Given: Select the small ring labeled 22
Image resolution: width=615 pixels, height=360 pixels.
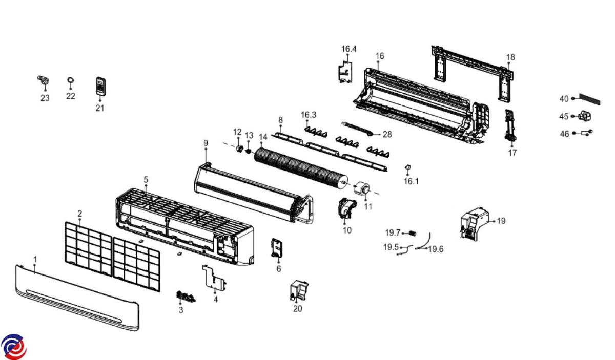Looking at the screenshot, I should (x=70, y=81).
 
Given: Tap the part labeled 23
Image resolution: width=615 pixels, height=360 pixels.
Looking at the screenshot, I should (x=45, y=80).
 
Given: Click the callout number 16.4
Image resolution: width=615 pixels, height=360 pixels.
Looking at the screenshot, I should (x=349, y=49).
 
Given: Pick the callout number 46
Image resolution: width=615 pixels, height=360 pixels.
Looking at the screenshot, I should (x=564, y=134).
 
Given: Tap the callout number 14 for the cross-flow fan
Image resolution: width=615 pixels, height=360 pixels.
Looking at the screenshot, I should (x=263, y=137).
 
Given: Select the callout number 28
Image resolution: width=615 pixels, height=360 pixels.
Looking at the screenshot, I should (x=387, y=134).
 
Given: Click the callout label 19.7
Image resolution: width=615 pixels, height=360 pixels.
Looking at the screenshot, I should (x=393, y=233).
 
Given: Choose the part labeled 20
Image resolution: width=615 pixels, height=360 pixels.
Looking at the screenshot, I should (x=298, y=290).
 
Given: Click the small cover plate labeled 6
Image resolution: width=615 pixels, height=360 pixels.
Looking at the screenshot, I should (x=277, y=249).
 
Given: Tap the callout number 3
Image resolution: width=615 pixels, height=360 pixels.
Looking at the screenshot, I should (x=181, y=310).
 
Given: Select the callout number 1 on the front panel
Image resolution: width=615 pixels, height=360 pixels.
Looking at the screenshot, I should (x=35, y=260).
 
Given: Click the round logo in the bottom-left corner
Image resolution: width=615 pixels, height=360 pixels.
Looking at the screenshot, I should (x=14, y=347).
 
